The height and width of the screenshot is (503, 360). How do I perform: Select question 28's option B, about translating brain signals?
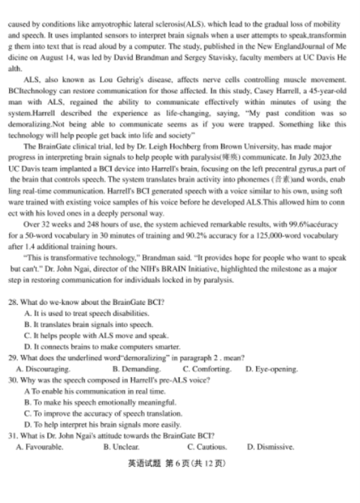tap(88, 325)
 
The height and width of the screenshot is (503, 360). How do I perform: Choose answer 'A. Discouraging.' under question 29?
tap(43, 369)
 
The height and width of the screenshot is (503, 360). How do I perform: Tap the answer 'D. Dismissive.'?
tap(270, 447)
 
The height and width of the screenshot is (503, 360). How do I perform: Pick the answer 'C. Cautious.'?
tap(207, 447)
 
